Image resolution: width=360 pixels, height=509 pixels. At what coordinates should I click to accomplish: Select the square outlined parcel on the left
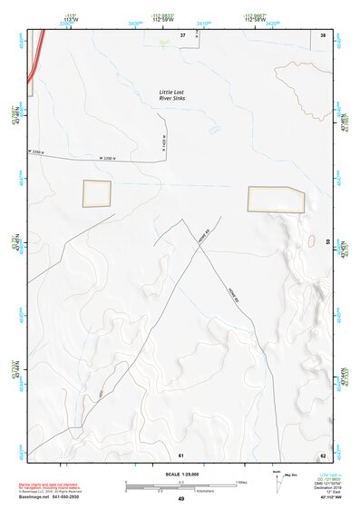pyautogui.click(x=97, y=193)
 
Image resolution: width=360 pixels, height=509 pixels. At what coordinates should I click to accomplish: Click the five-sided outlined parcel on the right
pyautogui.click(x=277, y=199)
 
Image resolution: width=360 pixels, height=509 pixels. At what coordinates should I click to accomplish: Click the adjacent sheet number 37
pyautogui.click(x=182, y=34)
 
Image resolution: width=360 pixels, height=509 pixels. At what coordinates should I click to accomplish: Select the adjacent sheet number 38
pyautogui.click(x=323, y=34)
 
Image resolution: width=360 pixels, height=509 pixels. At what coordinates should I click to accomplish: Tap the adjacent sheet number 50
pyautogui.click(x=327, y=241)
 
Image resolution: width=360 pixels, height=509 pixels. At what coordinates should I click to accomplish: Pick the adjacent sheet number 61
pyautogui.click(x=180, y=454)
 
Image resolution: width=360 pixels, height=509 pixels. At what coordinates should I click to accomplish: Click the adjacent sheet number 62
pyautogui.click(x=322, y=454)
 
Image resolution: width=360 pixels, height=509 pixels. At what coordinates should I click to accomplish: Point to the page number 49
pyautogui.click(x=180, y=499)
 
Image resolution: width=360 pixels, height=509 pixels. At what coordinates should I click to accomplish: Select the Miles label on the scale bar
pyautogui.click(x=240, y=481)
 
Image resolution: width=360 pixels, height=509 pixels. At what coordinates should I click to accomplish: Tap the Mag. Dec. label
pyautogui.click(x=292, y=475)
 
